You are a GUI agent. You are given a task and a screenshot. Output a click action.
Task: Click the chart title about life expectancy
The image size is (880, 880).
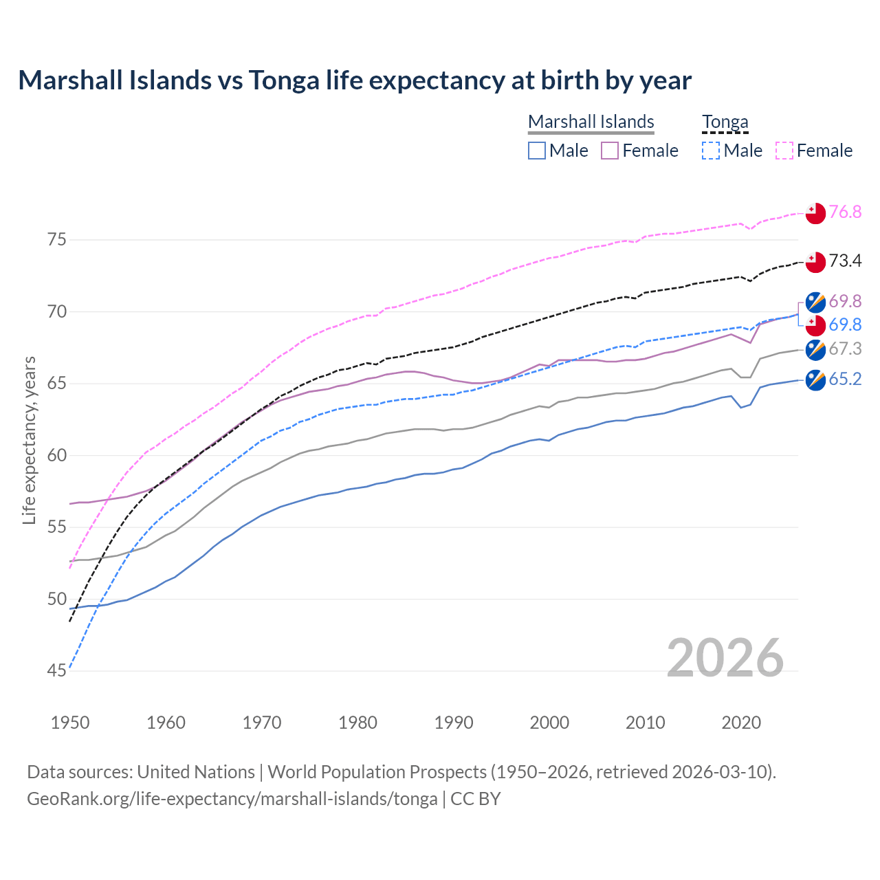pyautogui.click(x=355, y=80)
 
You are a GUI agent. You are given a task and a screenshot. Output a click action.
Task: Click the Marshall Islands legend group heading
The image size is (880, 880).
pyautogui.click(x=591, y=122)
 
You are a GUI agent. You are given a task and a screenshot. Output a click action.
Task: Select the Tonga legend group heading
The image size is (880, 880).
pyautogui.click(x=725, y=122)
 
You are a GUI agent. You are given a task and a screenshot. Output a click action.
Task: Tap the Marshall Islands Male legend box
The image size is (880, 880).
pyautogui.click(x=537, y=151)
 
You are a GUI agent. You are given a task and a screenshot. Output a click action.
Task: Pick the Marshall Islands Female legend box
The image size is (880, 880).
pyautogui.click(x=610, y=151)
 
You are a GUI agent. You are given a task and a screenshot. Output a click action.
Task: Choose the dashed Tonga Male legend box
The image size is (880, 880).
pyautogui.click(x=711, y=151)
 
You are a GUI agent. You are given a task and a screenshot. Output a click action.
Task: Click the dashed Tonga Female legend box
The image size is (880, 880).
pyautogui.click(x=784, y=151)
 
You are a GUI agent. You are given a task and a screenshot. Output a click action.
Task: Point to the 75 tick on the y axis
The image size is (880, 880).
pyautogui.click(x=56, y=240)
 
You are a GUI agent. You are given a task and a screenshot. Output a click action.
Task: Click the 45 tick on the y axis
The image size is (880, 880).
pyautogui.click(x=56, y=671)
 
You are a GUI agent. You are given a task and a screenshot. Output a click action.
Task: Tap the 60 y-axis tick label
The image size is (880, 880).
pyautogui.click(x=56, y=455)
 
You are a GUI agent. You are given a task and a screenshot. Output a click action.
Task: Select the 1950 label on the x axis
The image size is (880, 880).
pyautogui.click(x=70, y=723)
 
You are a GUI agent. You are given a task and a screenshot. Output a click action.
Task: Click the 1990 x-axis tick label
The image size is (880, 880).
pyautogui.click(x=454, y=723)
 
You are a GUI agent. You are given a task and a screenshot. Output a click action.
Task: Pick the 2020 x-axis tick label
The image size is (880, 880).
pyautogui.click(x=741, y=723)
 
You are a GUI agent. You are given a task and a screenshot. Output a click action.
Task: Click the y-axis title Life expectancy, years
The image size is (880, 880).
pyautogui.click(x=29, y=440)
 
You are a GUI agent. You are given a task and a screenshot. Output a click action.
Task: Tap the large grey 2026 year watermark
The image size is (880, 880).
pyautogui.click(x=725, y=658)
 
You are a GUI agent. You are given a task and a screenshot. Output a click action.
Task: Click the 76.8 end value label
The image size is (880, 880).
pyautogui.click(x=845, y=212)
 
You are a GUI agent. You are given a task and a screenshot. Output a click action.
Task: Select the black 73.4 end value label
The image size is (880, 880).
pyautogui.click(x=845, y=261)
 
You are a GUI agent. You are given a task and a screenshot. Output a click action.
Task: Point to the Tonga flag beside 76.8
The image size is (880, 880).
pyautogui.click(x=815, y=213)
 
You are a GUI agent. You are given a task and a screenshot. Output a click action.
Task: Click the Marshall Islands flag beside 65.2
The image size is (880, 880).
pyautogui.click(x=815, y=379)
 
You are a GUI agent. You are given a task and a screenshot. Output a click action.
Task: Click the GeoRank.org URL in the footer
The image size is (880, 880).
pyautogui.click(x=232, y=799)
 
